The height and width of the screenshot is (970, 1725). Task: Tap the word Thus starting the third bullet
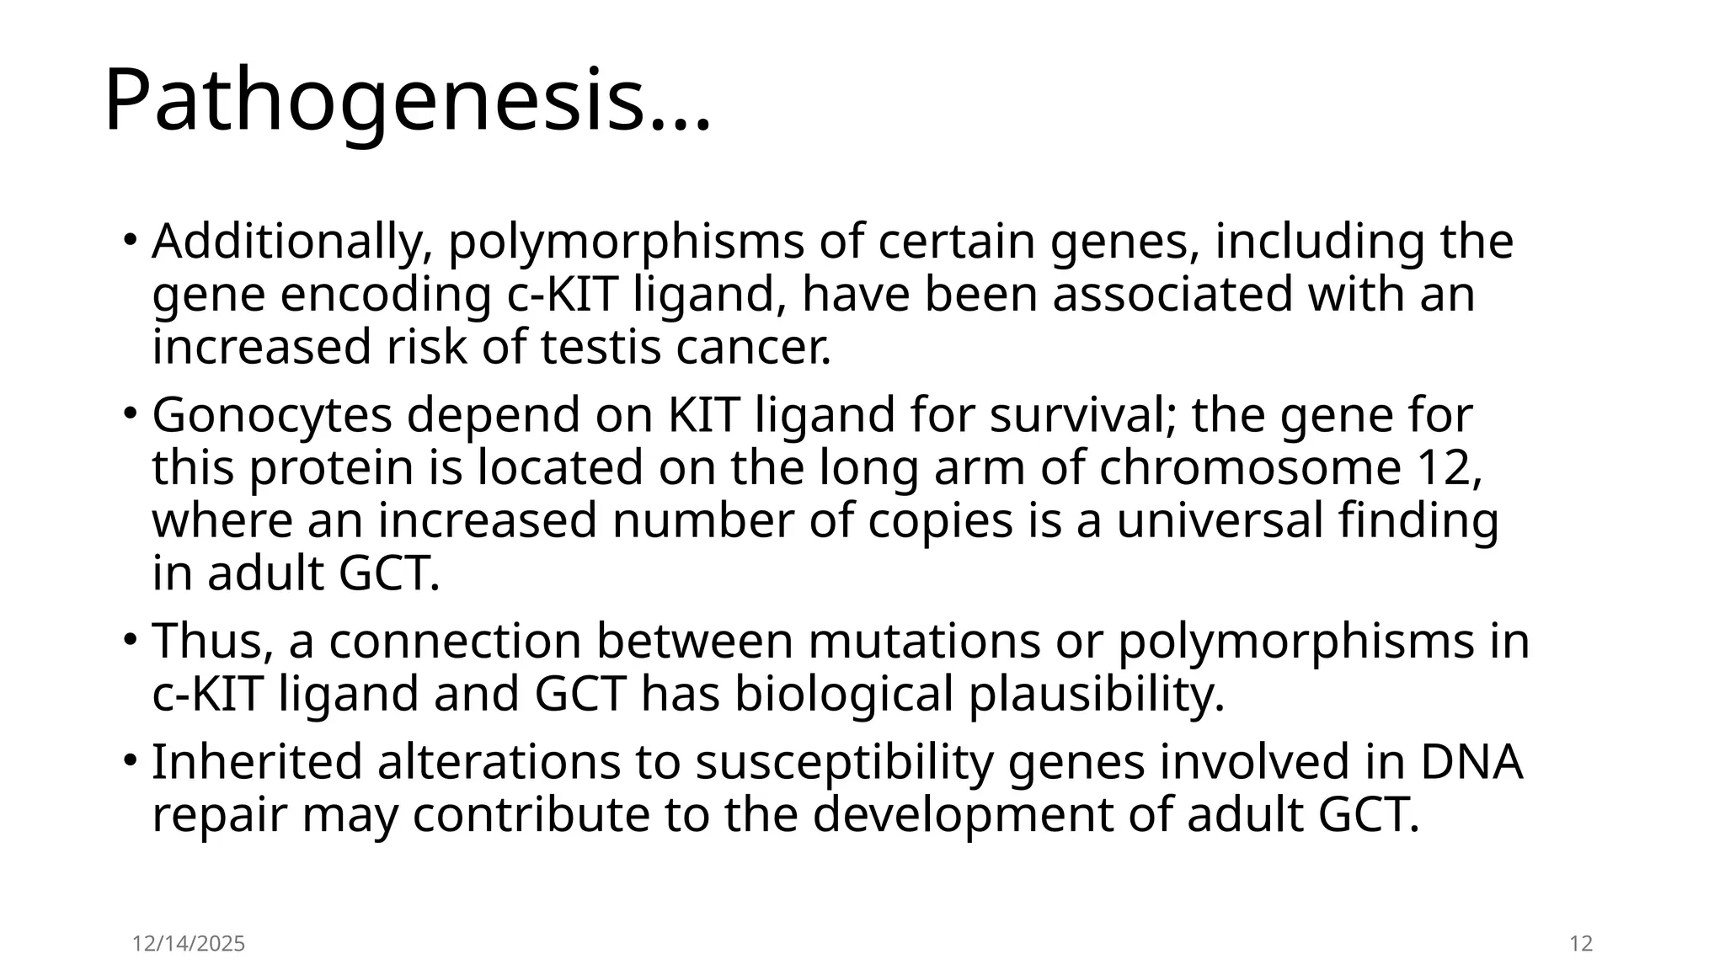[x=211, y=641]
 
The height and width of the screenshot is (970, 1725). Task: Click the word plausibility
[x=1095, y=695]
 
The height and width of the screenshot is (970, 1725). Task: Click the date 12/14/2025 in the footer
[x=189, y=944]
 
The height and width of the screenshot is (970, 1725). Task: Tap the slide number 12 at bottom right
[x=1582, y=944]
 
